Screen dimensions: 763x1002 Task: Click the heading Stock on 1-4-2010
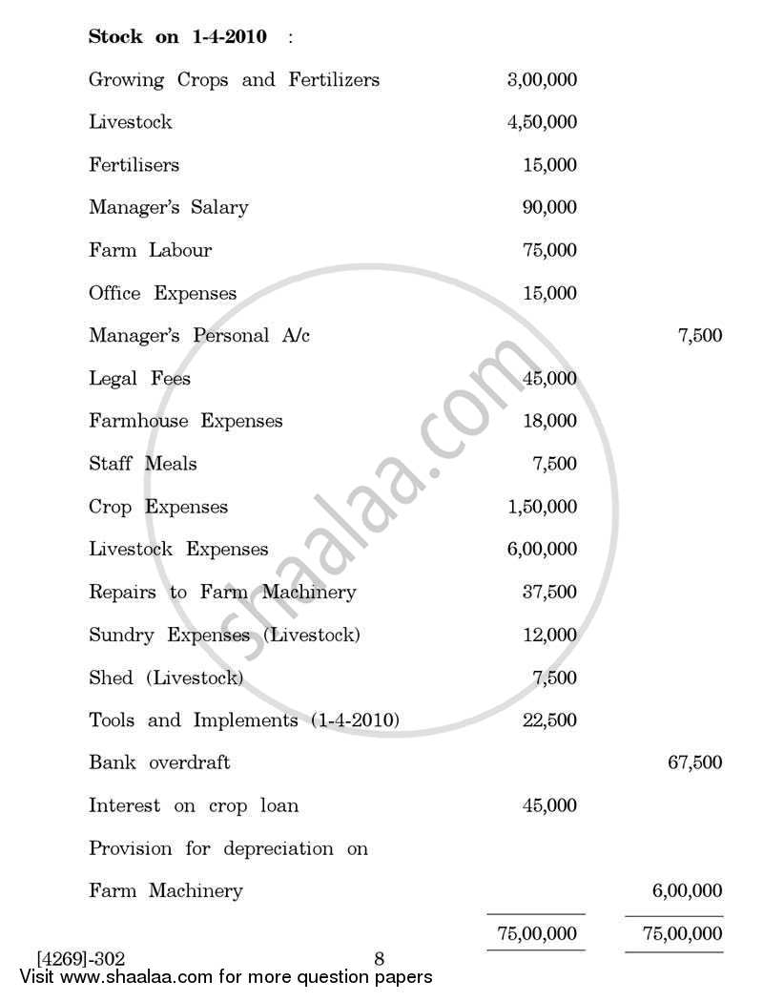pyautogui.click(x=177, y=37)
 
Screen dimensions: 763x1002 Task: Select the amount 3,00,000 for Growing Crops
pyautogui.click(x=542, y=80)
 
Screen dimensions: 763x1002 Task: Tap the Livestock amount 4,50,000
pyautogui.click(x=542, y=123)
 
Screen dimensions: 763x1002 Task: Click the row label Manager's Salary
pyautogui.click(x=168, y=208)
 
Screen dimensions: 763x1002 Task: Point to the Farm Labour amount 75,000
pyautogui.click(x=549, y=251)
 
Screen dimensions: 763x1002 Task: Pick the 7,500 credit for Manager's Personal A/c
pyautogui.click(x=699, y=336)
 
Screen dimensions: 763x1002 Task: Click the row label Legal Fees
pyautogui.click(x=139, y=379)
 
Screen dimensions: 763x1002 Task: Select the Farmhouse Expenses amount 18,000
pyautogui.click(x=549, y=421)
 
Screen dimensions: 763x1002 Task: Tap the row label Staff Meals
pyautogui.click(x=142, y=464)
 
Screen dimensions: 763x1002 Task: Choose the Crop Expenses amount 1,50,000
pyautogui.click(x=542, y=507)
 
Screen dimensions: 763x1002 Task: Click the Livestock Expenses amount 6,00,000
pyautogui.click(x=542, y=550)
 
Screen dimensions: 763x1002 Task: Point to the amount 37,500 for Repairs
pyautogui.click(x=549, y=593)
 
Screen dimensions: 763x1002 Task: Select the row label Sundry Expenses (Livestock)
pyautogui.click(x=224, y=636)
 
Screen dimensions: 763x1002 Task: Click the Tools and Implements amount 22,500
pyautogui.click(x=549, y=720)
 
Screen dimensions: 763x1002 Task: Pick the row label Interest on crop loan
pyautogui.click(x=193, y=806)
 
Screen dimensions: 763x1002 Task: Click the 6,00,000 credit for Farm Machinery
pyautogui.click(x=687, y=891)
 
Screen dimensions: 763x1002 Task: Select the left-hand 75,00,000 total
pyautogui.click(x=536, y=933)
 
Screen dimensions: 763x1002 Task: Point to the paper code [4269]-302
pyautogui.click(x=81, y=959)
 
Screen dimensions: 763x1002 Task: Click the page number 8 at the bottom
pyautogui.click(x=379, y=959)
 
